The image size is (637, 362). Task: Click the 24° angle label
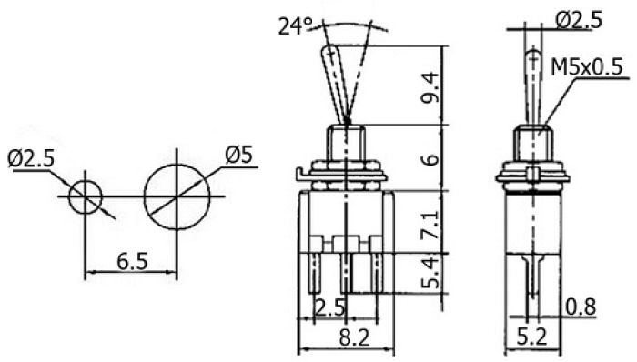296,26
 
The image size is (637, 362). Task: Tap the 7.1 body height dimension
430,225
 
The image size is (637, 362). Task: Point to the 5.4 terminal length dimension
430,273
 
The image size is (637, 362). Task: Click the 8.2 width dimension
355,337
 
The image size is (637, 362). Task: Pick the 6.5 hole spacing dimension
133,261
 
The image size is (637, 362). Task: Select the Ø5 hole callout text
238,155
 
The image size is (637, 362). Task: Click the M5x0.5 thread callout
586,67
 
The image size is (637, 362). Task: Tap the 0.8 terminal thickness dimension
581,307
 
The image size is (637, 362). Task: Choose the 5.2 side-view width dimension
532,337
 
